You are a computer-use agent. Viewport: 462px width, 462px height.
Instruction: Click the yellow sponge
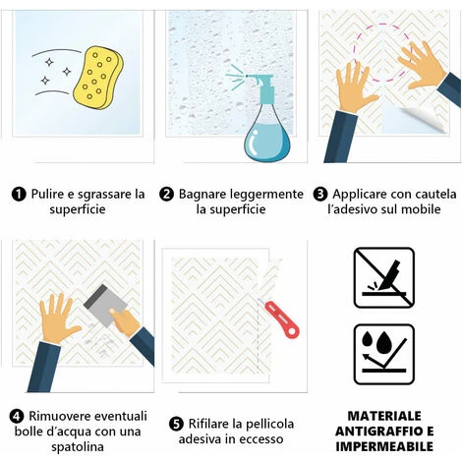pos(98,78)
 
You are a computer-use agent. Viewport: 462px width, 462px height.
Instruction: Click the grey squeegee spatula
pos(105,302)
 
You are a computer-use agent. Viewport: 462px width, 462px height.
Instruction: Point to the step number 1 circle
pos(19,194)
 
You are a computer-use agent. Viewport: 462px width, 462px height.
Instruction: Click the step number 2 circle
pos(166,194)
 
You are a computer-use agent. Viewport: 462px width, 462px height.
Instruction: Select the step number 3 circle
pos(320,194)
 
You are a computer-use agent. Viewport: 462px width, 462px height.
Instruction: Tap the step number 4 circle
pos(17,416)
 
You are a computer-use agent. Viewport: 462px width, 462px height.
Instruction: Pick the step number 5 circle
pos(176,424)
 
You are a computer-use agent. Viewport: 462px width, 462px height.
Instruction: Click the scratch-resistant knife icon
pos(384,277)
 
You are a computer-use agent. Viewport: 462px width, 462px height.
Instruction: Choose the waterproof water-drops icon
pos(384,354)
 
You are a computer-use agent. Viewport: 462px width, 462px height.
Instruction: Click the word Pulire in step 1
pos(47,194)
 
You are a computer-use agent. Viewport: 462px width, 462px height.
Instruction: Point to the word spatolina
pos(78,447)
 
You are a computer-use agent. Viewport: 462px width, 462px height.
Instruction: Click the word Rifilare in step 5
pos(208,424)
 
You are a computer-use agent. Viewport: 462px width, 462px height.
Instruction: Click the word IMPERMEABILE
pos(384,446)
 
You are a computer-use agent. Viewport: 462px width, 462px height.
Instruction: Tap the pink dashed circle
pos(382,52)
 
